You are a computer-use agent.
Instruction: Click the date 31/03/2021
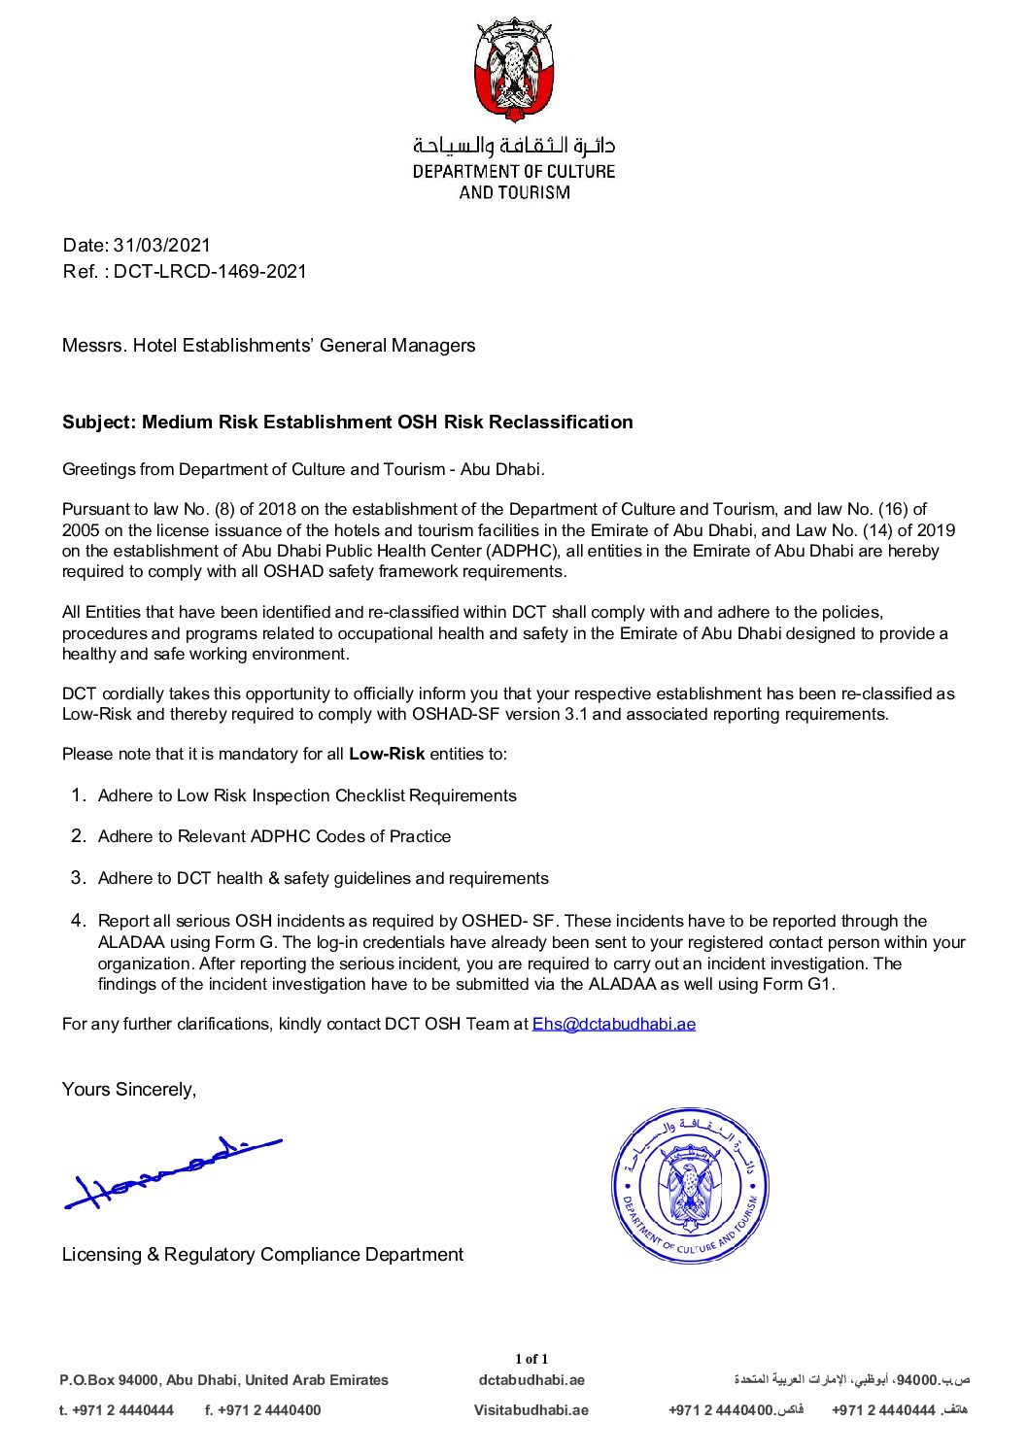point(162,246)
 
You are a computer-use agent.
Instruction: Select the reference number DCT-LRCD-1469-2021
point(210,272)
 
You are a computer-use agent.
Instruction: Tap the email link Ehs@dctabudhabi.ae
point(613,1024)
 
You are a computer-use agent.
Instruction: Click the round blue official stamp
point(690,1186)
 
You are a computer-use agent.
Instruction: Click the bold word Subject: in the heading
point(99,423)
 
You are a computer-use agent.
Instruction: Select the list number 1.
point(80,795)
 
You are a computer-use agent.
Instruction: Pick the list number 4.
point(80,921)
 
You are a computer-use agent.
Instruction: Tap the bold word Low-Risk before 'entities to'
point(387,755)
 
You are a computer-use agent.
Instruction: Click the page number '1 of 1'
point(531,1359)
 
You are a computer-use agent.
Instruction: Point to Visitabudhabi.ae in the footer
point(531,1410)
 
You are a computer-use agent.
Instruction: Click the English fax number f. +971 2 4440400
point(263,1410)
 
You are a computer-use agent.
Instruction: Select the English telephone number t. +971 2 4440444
point(117,1410)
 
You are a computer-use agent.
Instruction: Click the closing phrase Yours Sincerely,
point(129,1090)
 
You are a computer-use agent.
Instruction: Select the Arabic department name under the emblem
point(514,147)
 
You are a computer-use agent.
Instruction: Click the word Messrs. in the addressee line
point(94,346)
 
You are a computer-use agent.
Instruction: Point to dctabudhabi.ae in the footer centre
point(531,1380)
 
